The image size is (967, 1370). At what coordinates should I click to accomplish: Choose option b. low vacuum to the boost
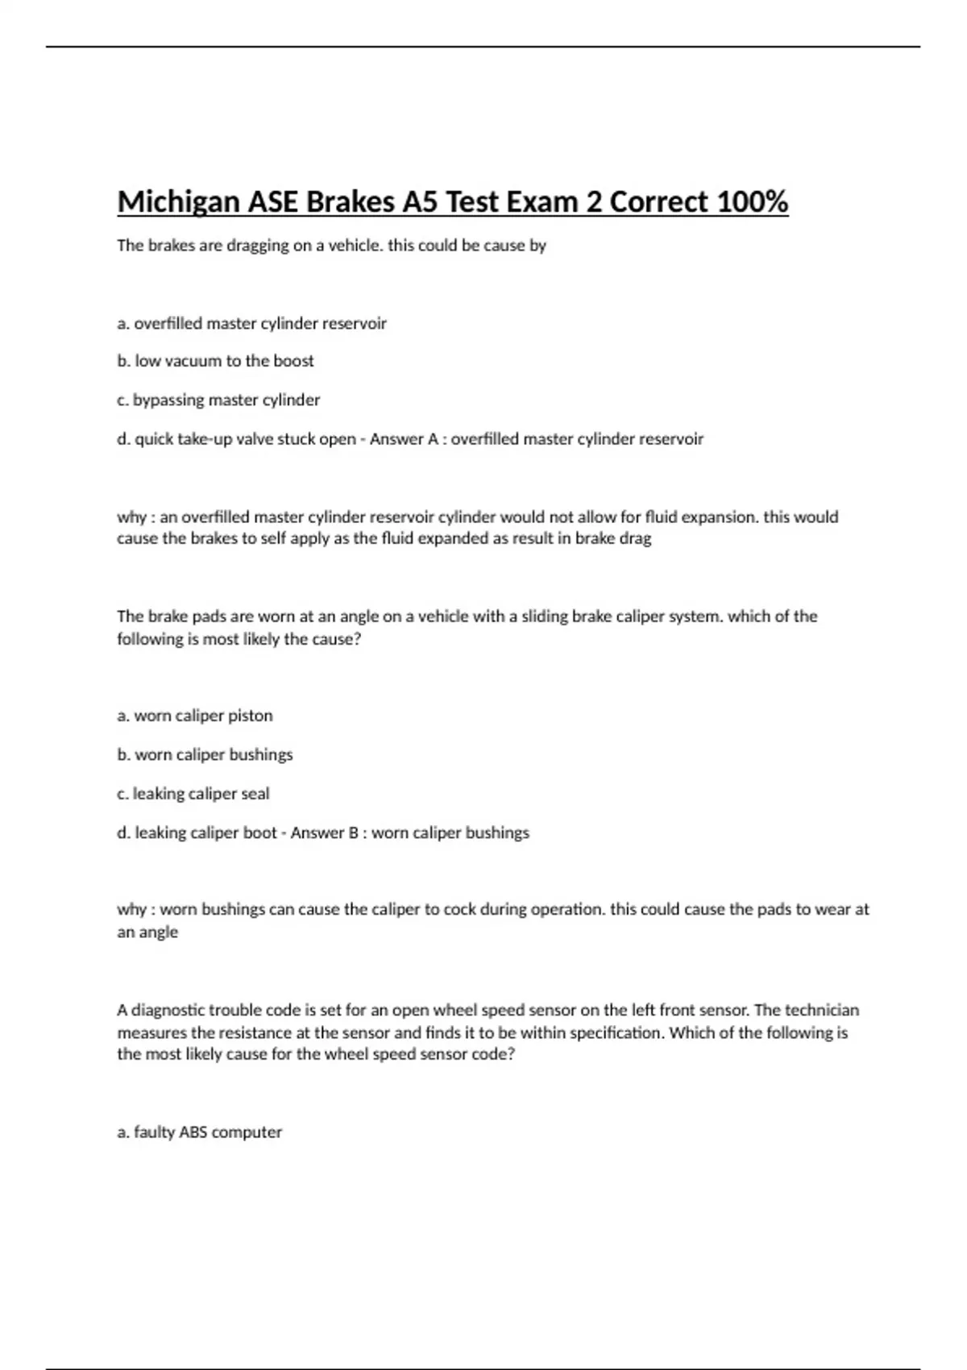[215, 361]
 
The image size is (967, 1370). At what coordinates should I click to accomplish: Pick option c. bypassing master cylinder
[218, 400]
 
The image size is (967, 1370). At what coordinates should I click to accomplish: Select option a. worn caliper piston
[195, 716]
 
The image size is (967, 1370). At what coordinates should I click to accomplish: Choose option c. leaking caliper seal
[193, 794]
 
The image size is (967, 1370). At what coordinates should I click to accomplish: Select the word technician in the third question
[822, 1010]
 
